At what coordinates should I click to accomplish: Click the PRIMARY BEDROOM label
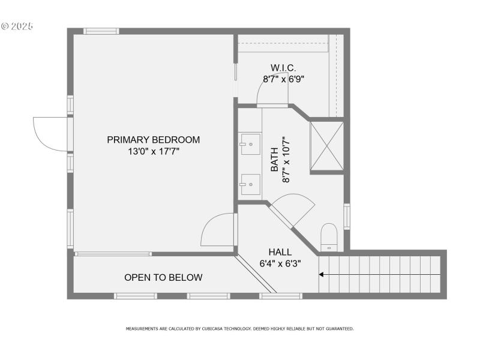pyautogui.click(x=153, y=140)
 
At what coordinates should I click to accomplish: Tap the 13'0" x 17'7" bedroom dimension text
pyautogui.click(x=153, y=151)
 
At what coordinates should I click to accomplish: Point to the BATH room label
pyautogui.click(x=274, y=160)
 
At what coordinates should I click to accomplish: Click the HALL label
pyautogui.click(x=280, y=252)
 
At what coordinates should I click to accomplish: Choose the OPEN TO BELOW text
pyautogui.click(x=163, y=277)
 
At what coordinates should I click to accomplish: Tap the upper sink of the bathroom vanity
pyautogui.click(x=250, y=144)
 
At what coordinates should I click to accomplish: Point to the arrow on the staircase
pyautogui.click(x=322, y=275)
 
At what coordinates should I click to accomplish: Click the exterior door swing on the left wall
pyautogui.click(x=50, y=133)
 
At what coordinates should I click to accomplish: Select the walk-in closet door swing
pyautogui.click(x=272, y=92)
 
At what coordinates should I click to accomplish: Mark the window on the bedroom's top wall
pyautogui.click(x=101, y=31)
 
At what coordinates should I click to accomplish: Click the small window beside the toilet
pyautogui.click(x=347, y=217)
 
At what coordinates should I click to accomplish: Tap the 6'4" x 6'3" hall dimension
pyautogui.click(x=280, y=263)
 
